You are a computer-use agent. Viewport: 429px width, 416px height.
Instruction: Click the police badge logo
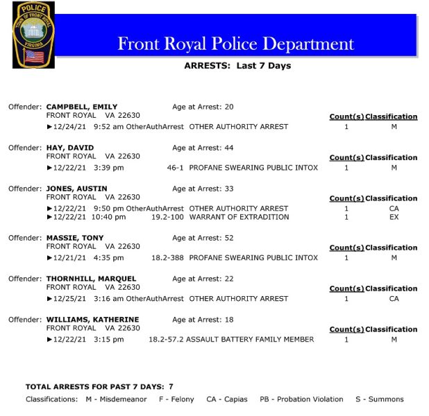tap(33, 35)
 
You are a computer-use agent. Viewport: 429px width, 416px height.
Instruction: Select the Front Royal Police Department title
tap(235, 44)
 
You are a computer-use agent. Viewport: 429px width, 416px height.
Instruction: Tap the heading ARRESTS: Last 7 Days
tap(237, 66)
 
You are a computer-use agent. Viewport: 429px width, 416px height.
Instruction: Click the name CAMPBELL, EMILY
tap(82, 107)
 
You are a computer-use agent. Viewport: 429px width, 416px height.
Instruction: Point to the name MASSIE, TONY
tap(75, 238)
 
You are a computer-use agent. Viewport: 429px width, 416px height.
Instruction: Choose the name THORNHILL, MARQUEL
tap(91, 279)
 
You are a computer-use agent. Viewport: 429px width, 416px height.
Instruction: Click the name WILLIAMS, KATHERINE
tap(92, 320)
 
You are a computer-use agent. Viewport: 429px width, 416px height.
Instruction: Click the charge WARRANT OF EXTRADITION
tap(239, 217)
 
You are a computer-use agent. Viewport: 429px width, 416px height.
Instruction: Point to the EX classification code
tap(394, 217)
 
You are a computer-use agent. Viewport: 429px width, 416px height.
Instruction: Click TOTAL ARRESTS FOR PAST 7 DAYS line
tap(99, 386)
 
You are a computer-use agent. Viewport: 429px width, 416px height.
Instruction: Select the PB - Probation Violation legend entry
tap(301, 399)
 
